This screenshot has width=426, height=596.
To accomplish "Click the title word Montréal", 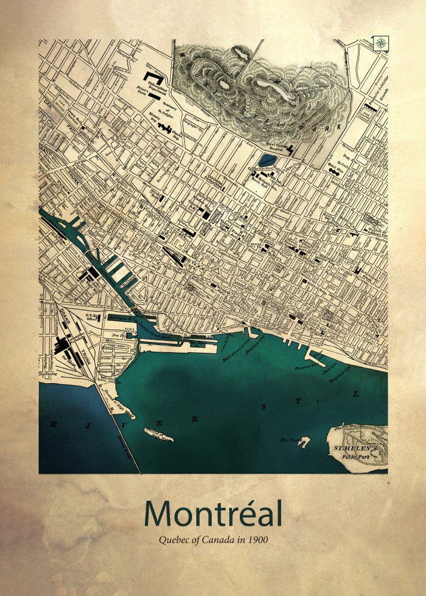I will [x=212, y=514].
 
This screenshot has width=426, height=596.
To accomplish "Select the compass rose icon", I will [x=381, y=42].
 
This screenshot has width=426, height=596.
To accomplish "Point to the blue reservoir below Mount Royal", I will [x=267, y=160].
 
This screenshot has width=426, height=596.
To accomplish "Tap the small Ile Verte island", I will [x=304, y=442].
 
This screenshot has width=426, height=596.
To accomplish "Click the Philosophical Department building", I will [x=155, y=79].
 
